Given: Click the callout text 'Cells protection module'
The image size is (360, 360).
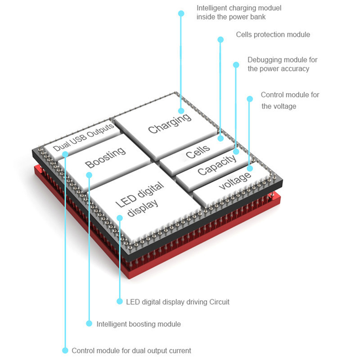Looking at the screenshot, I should (x=273, y=35).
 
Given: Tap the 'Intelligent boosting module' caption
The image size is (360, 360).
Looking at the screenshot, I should (x=139, y=324).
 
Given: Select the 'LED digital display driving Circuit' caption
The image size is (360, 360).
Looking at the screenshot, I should (x=178, y=302).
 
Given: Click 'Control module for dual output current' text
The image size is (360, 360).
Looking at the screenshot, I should (x=131, y=351).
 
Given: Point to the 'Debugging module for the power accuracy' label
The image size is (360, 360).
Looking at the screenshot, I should (x=279, y=64).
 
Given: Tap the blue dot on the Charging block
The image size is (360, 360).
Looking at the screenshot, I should (x=181, y=110).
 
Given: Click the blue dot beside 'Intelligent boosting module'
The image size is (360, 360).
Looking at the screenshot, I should (x=88, y=323).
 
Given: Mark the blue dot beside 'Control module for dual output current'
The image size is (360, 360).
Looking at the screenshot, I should (x=65, y=350).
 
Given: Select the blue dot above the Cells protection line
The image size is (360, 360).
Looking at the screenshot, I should (x=220, y=40).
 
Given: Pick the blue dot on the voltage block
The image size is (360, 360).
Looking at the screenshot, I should (x=250, y=168).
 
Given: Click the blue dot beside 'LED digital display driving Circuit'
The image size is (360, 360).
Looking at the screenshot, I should (x=120, y=301).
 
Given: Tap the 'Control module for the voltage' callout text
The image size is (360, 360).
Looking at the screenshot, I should (x=290, y=100).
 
